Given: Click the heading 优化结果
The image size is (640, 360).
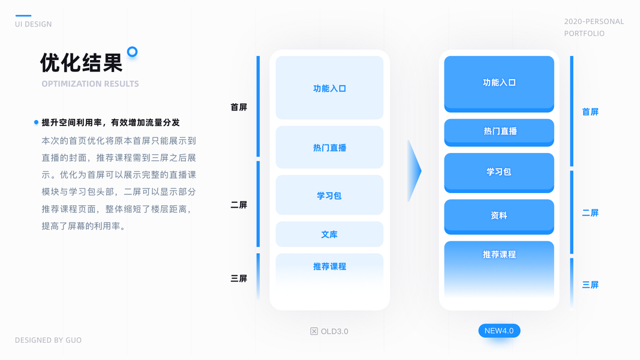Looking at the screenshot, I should [x=82, y=62].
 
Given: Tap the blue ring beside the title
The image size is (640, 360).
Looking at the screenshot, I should [x=133, y=52].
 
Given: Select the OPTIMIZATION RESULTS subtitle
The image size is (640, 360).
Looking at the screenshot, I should [x=90, y=84].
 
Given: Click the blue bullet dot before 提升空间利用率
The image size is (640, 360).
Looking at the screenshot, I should [x=36, y=122].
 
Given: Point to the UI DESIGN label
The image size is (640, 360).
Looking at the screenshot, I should [x=34, y=24].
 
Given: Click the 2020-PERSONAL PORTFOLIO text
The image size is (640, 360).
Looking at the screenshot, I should [x=594, y=28].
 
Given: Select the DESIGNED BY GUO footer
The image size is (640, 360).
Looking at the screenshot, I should [x=48, y=340].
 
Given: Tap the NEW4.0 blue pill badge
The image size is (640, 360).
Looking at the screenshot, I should [x=499, y=331].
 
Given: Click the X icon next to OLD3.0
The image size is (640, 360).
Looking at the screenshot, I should [x=314, y=331].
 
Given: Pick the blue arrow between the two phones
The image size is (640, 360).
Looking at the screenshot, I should [x=414, y=171].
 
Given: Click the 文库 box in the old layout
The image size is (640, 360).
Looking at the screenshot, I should [x=329, y=234].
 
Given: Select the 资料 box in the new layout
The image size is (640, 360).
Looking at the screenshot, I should [x=499, y=215].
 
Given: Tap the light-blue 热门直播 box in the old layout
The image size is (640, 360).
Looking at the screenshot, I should [x=329, y=148].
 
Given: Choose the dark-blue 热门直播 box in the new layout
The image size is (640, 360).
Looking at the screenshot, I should [x=499, y=131].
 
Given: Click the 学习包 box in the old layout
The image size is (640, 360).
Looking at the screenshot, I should [x=329, y=196].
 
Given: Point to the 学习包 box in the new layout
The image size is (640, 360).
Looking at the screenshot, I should [x=499, y=172].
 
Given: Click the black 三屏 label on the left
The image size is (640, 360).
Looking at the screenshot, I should [x=239, y=278].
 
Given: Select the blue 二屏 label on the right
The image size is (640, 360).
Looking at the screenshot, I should [x=590, y=213].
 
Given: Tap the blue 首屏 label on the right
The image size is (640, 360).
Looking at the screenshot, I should [x=590, y=112].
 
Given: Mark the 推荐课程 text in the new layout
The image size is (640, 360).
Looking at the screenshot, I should [x=499, y=254].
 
